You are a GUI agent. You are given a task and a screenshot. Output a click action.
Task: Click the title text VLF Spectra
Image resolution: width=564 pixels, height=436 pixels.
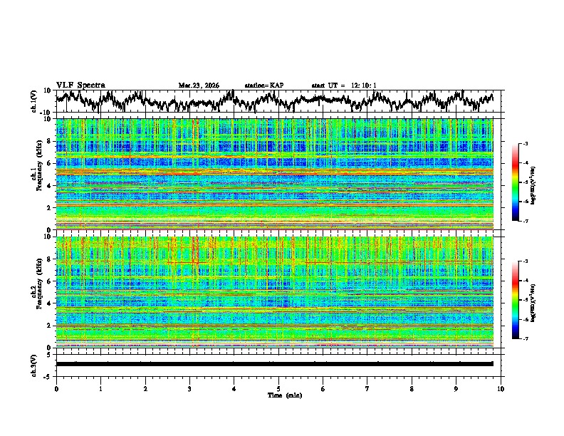80,85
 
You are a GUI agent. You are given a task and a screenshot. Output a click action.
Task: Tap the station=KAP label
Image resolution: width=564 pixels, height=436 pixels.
263,85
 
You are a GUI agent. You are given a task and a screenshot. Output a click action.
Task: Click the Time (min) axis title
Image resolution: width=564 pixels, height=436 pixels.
278,395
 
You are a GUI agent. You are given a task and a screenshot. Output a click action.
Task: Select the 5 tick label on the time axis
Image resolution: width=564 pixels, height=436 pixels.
278,388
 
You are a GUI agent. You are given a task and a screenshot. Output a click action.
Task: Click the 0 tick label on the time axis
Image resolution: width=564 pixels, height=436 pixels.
56,388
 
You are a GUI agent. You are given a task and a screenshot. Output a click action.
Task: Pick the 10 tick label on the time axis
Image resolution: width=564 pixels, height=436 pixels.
501,388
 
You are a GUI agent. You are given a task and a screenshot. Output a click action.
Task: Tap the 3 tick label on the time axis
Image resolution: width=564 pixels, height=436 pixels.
189,388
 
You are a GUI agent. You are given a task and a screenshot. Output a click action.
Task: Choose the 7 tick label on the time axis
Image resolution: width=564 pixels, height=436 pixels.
367,388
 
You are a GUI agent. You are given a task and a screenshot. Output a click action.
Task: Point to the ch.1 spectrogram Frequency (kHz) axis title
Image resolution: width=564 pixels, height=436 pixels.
36,175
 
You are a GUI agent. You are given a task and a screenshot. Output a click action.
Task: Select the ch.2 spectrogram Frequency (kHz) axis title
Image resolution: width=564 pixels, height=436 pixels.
36,292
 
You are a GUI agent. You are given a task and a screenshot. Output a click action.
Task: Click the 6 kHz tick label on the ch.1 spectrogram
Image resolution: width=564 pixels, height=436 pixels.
50,163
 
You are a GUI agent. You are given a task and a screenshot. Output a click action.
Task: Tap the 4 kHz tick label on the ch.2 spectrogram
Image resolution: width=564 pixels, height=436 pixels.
50,303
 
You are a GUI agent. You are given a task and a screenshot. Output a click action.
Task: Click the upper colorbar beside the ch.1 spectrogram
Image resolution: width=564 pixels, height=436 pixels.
516,182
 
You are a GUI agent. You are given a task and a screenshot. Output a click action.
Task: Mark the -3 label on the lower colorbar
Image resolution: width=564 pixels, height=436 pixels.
525,261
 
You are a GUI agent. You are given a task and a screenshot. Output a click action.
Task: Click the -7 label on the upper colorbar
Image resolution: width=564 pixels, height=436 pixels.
525,221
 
